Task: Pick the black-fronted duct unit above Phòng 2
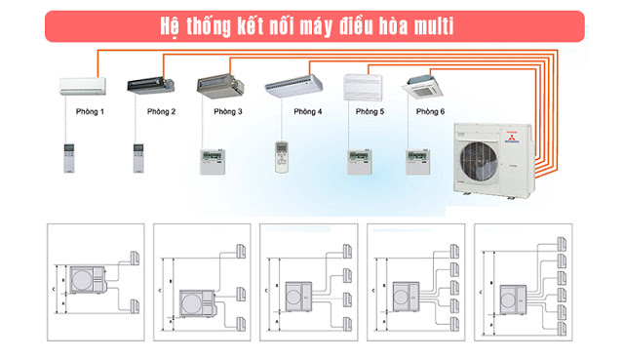(150, 85)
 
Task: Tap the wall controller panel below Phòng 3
(213, 161)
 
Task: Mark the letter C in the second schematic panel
(161, 289)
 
